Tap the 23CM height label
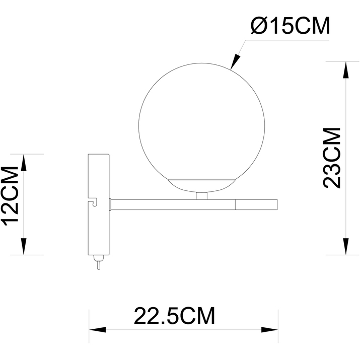click(x=333, y=158)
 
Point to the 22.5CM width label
click(x=174, y=316)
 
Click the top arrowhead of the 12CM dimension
click(x=23, y=162)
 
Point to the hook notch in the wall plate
click(x=92, y=202)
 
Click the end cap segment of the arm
click(x=257, y=204)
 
